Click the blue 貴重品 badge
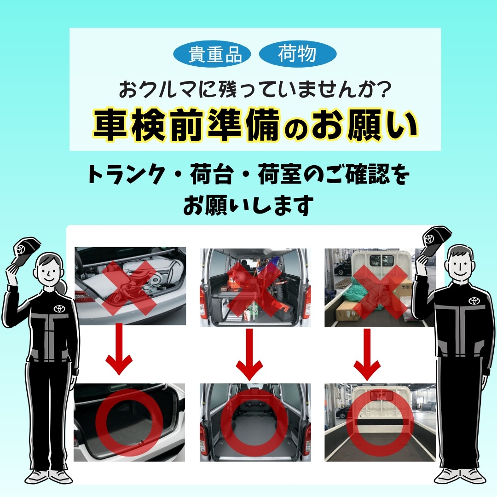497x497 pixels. [212, 54]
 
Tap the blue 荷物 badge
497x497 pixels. [298, 54]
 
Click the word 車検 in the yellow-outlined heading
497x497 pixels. [130, 125]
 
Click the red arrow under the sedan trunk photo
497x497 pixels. [119, 349]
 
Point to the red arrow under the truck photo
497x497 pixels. [367, 354]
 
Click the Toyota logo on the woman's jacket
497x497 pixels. [59, 308]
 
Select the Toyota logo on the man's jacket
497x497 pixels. [474, 301]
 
